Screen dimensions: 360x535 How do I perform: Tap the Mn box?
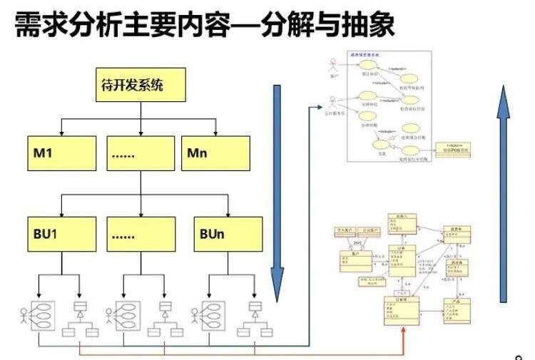pos(215,153)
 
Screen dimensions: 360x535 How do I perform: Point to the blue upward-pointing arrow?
pos(504,178)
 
